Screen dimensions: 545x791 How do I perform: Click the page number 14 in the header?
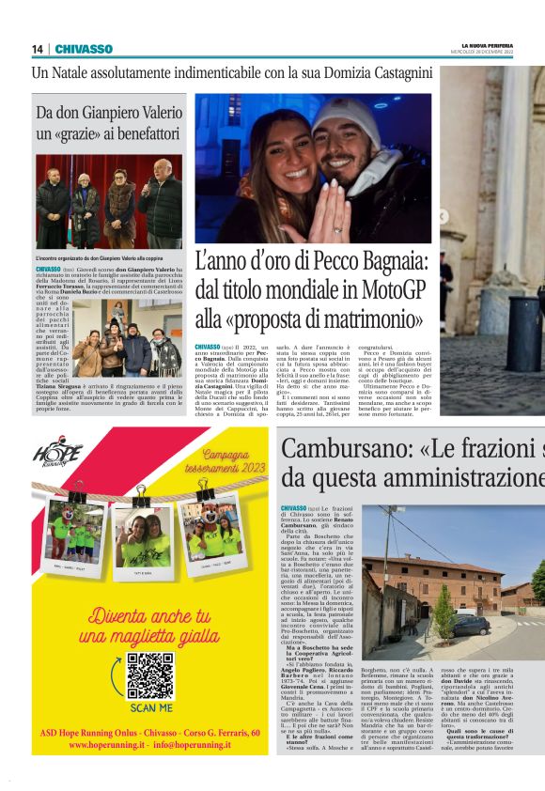point(37,49)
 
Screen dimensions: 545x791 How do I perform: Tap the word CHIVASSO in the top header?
point(84,49)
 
